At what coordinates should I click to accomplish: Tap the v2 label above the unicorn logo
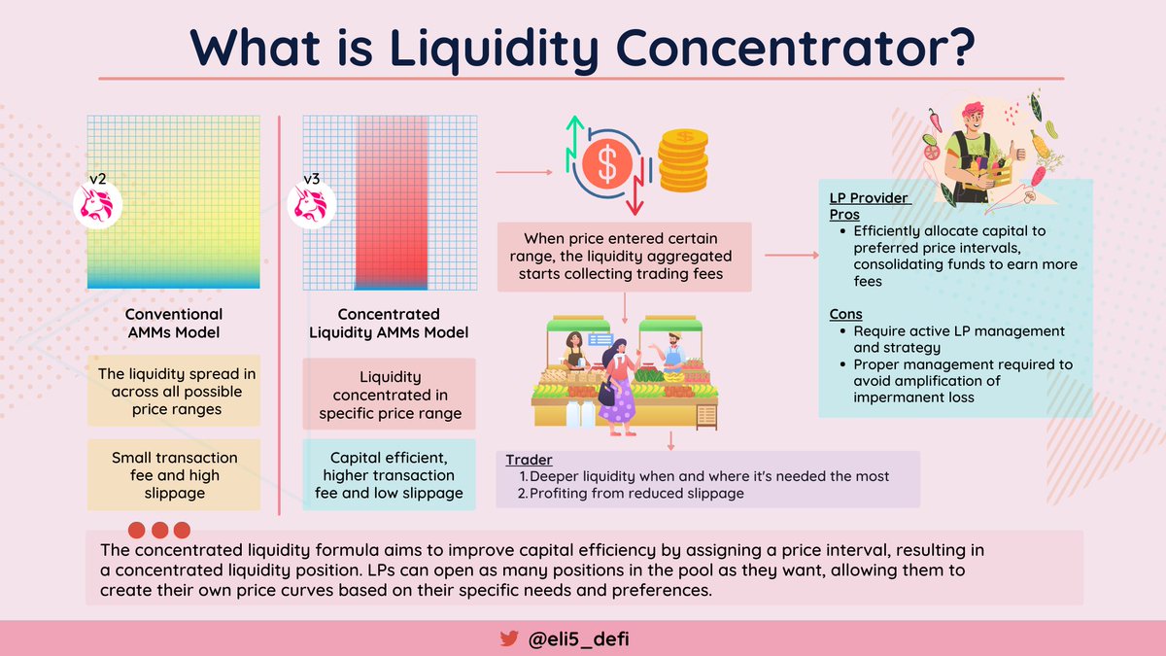pyautogui.click(x=97, y=179)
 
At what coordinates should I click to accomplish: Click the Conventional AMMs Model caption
pyautogui.click(x=174, y=323)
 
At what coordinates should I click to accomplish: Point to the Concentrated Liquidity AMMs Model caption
pyautogui.click(x=389, y=324)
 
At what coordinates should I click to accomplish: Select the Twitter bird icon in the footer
pyautogui.click(x=508, y=639)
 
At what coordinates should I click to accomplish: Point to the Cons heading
pyautogui.click(x=844, y=314)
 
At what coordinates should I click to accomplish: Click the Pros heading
pyautogui.click(x=844, y=214)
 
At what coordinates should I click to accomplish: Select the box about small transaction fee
pyautogui.click(x=174, y=475)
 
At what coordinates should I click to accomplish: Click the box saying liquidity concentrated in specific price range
pyautogui.click(x=389, y=396)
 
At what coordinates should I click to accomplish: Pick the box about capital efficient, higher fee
pyautogui.click(x=389, y=475)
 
